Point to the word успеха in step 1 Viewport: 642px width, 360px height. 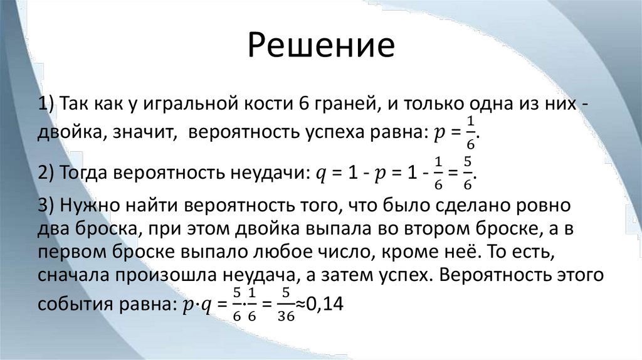click(x=336, y=134)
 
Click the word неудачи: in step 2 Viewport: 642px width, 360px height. click(x=263, y=175)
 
